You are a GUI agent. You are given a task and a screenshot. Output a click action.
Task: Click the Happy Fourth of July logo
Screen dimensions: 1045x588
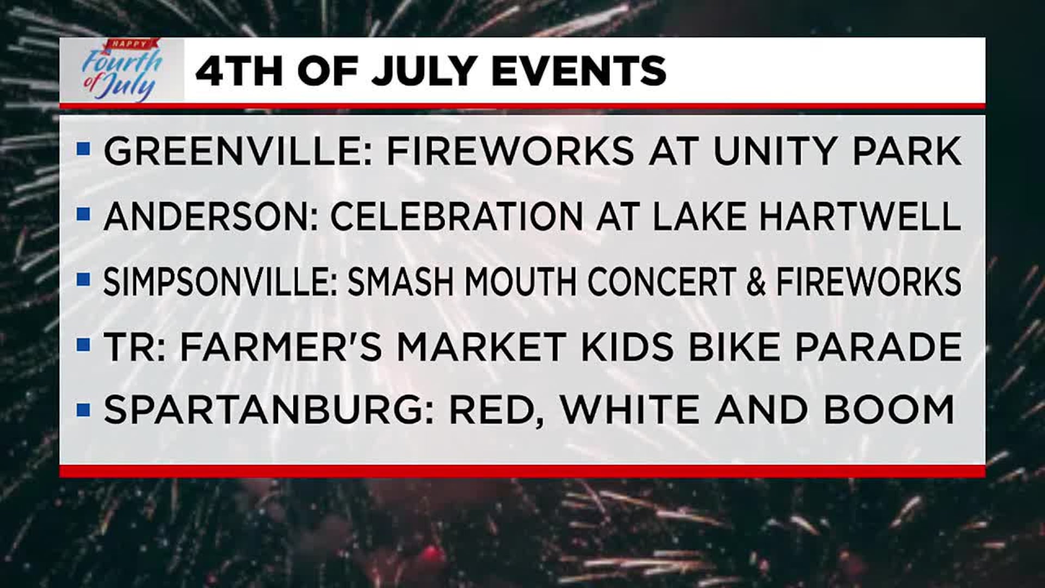(x=122, y=70)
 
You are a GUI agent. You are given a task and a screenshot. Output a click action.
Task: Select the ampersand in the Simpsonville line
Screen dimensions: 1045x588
(x=756, y=281)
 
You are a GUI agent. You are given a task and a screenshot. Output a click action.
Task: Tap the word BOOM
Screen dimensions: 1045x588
(x=889, y=409)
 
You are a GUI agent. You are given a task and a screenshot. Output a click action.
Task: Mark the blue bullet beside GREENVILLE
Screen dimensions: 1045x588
(x=83, y=148)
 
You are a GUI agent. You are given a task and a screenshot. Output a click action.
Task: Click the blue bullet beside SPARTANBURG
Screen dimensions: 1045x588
(x=83, y=409)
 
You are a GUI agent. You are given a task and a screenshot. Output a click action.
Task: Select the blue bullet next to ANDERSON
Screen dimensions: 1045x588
(x=83, y=214)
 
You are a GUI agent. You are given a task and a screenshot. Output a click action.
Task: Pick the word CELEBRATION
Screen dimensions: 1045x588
(x=456, y=216)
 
